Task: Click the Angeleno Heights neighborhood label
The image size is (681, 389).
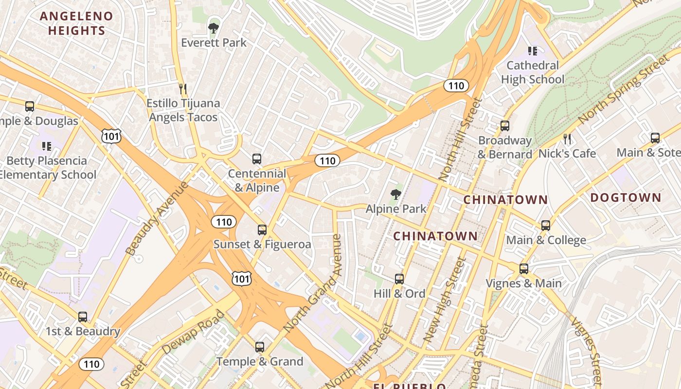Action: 76,23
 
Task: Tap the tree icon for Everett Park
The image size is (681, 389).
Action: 213,28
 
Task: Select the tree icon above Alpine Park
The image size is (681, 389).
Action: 396,194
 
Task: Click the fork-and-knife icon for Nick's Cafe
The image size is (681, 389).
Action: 567,139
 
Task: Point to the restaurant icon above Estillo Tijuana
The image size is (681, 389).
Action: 183,89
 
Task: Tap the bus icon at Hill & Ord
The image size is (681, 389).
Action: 399,279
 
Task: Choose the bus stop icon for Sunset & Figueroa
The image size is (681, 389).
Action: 262,230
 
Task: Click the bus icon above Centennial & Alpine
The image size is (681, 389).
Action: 257,159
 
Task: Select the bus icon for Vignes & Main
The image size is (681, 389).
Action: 524,269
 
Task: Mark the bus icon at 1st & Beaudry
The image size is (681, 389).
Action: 83,317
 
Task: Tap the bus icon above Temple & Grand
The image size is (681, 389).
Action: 260,347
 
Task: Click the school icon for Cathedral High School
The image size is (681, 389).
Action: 533,51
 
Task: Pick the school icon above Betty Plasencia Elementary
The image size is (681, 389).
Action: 47,146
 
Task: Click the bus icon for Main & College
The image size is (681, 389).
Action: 546,226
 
